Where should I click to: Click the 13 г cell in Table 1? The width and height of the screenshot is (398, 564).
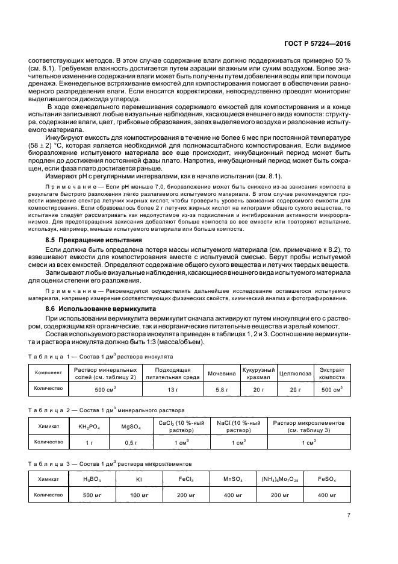coord(172,390)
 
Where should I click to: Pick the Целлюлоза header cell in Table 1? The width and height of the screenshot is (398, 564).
coord(295,373)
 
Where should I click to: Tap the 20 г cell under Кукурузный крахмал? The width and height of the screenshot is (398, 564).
coord(258,390)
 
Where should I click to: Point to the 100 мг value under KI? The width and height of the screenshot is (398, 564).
coord(138,495)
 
